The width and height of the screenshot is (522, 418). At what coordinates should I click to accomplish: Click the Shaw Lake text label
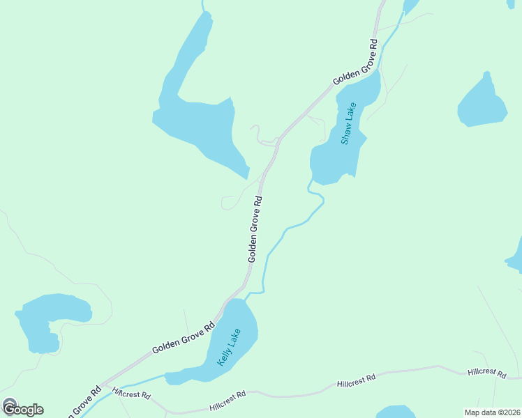click(349, 123)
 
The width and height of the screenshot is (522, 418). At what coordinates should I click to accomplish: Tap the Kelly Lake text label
click(229, 347)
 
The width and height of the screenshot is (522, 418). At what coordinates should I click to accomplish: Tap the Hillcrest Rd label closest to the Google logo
click(132, 394)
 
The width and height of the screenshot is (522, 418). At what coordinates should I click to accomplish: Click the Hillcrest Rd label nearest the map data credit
click(487, 373)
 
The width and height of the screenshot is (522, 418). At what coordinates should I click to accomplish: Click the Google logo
click(22, 409)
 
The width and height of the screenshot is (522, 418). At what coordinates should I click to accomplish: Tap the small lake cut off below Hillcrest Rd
click(396, 412)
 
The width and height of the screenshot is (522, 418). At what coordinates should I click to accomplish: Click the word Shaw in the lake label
click(346, 132)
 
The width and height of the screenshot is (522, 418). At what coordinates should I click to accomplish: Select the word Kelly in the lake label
click(224, 355)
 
